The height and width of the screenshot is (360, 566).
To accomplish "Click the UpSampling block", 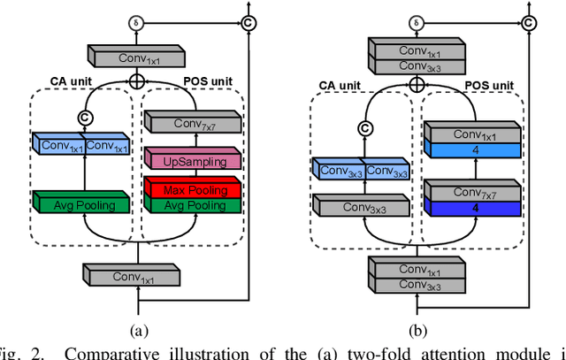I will click(x=191, y=160).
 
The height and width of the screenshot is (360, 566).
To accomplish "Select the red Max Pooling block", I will click(x=191, y=188).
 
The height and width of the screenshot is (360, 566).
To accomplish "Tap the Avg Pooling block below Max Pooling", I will click(x=191, y=204).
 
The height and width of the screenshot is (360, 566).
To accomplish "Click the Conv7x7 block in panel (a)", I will click(x=191, y=122).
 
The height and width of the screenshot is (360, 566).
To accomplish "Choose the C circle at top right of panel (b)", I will click(x=529, y=20).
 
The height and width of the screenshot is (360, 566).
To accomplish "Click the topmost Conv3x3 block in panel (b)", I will click(x=416, y=65).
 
